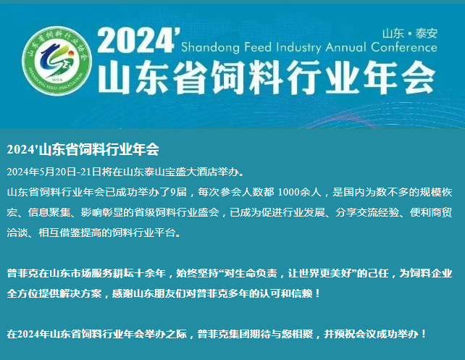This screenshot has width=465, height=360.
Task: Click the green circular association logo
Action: click(57, 61)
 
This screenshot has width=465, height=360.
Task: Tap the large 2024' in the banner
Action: click(139, 40)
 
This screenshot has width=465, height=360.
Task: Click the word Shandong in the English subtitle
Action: click(210, 48)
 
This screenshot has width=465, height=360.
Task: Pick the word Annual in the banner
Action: click(345, 47)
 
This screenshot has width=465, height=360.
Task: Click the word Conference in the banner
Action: click(404, 47)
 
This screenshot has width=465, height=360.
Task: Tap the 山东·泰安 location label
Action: click(410, 33)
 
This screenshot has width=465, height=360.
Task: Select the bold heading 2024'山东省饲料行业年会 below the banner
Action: click(83, 149)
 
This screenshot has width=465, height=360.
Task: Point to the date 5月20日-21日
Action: click(70, 172)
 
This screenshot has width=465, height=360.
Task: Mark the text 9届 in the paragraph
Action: click(178, 192)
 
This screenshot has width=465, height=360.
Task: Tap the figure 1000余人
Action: click(300, 192)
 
